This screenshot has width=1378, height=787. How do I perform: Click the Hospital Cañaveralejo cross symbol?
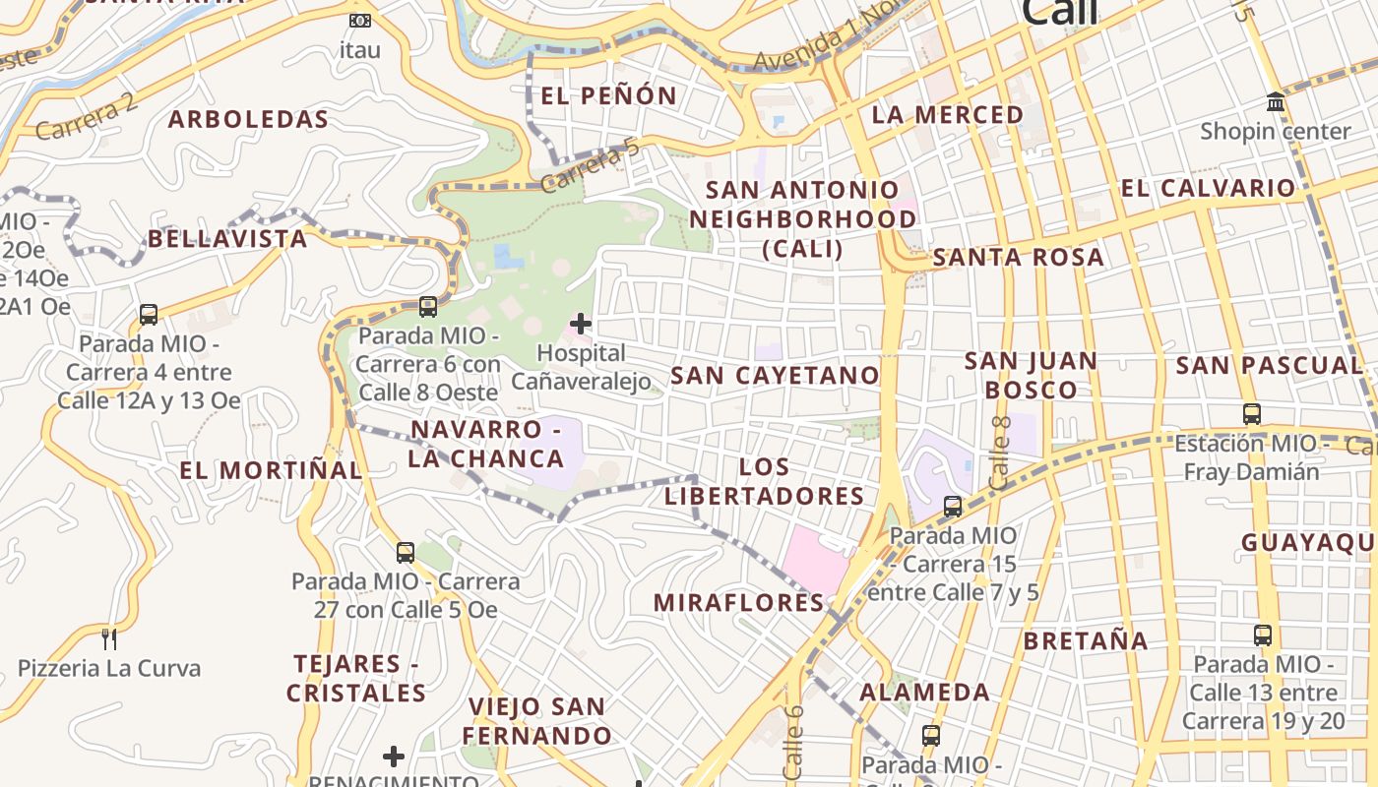point(581,323)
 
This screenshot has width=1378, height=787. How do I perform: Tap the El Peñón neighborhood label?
point(608,95)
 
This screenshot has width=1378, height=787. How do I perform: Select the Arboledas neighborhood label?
point(248,120)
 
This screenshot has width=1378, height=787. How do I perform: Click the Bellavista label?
point(227,239)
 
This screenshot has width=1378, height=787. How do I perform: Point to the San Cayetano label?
point(775,375)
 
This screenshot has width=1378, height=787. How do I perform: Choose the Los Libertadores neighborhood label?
point(764,481)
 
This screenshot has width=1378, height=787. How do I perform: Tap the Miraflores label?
point(739,602)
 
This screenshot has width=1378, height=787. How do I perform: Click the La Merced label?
point(948,115)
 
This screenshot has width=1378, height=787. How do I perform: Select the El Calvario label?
point(1209,188)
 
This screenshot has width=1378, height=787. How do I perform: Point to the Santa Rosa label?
point(1018,258)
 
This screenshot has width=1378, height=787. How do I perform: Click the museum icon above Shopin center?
point(1276,102)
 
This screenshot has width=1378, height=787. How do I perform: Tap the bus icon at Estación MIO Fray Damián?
point(1251,414)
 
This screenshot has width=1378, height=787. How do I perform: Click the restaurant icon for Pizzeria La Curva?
point(109,639)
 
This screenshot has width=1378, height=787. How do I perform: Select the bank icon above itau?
point(360,20)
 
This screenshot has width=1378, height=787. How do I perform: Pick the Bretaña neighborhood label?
point(1086,641)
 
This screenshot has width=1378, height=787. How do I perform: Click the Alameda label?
point(925,693)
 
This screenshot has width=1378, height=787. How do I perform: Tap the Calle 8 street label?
point(1000,454)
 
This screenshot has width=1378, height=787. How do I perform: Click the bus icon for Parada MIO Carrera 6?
point(427,306)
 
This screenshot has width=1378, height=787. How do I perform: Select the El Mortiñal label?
point(271,470)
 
